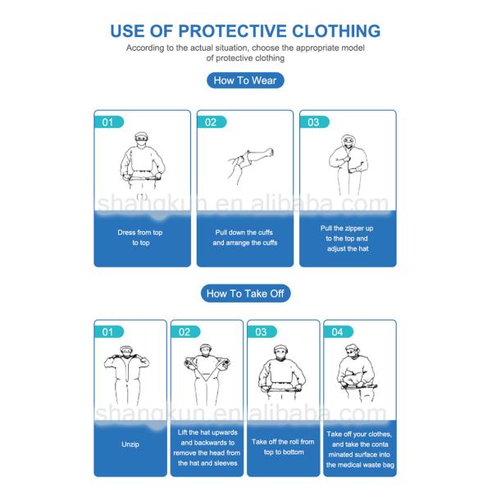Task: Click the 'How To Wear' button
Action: pos(245,80)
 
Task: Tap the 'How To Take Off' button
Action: pos(245,294)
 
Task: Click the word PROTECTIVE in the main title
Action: pos(232,31)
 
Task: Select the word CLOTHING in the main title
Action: pos(336,31)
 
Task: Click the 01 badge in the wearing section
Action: pos(109,122)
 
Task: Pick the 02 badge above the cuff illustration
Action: pos(212,122)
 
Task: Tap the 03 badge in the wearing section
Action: pos(314,122)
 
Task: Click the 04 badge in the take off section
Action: pos(339,331)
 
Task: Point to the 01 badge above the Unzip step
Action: pos(109,331)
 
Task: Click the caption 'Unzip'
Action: pos(130,444)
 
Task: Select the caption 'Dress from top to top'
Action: pos(140,238)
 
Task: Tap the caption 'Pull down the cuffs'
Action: pos(244,233)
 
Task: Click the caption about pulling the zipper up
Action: pos(347,239)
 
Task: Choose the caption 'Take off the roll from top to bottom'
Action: pos(283,447)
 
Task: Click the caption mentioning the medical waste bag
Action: pos(360,449)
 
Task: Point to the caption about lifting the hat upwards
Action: pos(207,448)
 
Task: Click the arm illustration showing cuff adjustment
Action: pos(250,165)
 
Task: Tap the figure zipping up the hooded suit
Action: pos(348,165)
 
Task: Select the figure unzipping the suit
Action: pos(127,375)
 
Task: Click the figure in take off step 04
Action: pos(358,373)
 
